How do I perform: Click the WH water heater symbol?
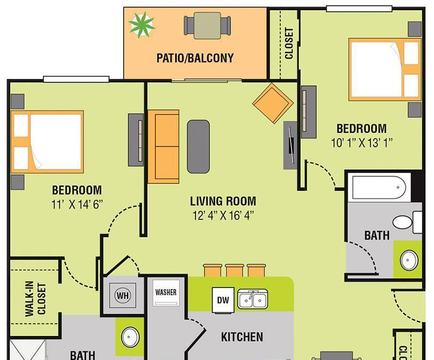[x=123, y=295]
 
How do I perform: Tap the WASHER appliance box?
[x=166, y=293]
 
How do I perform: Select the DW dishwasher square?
[x=223, y=300]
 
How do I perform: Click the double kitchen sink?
[x=252, y=299]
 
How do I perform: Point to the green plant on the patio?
[x=141, y=25]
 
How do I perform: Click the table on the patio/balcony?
[x=207, y=26]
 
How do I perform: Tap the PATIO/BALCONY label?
[x=195, y=58]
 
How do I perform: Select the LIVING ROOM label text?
[x=223, y=201]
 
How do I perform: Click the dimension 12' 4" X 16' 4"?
[x=223, y=215]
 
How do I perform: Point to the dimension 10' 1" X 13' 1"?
[x=362, y=143]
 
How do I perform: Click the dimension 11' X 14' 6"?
[x=77, y=205]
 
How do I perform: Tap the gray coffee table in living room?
[x=199, y=147]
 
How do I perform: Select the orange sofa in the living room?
[x=163, y=147]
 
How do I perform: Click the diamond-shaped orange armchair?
[x=273, y=103]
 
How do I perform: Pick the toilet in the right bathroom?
[x=407, y=222]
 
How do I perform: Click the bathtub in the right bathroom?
[x=379, y=187]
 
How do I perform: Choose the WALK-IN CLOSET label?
[x=35, y=299]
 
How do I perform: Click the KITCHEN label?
[x=242, y=337]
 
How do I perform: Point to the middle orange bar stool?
[x=234, y=270]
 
